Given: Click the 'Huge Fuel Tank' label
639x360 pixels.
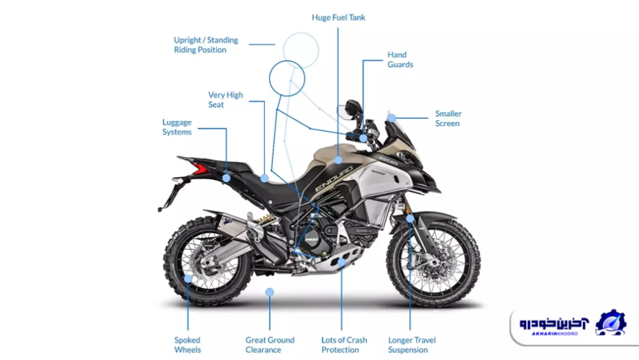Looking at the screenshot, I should pyautogui.click(x=339, y=17).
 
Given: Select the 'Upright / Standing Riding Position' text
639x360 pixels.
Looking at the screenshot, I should pyautogui.click(x=206, y=45).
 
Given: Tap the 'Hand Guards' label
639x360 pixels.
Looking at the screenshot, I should pyautogui.click(x=400, y=60).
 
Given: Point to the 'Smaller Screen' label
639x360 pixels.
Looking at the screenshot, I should pyautogui.click(x=448, y=119).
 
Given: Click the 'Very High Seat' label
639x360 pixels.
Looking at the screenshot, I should pyautogui.click(x=225, y=99).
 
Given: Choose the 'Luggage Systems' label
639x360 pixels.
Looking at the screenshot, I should pyautogui.click(x=177, y=127).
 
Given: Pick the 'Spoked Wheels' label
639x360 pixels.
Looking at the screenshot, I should pyautogui.click(x=187, y=345).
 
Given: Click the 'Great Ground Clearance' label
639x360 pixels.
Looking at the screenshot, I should pyautogui.click(x=270, y=345).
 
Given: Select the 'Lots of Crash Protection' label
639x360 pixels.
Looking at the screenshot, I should pyautogui.click(x=344, y=345).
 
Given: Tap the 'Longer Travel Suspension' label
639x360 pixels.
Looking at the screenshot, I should pyautogui.click(x=412, y=345).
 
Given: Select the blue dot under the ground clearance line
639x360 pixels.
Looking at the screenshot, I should pyautogui.click(x=270, y=292).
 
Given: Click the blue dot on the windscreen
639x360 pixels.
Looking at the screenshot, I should pyautogui.click(x=391, y=117).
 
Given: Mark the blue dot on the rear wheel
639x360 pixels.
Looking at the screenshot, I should pyautogui.click(x=189, y=278).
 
